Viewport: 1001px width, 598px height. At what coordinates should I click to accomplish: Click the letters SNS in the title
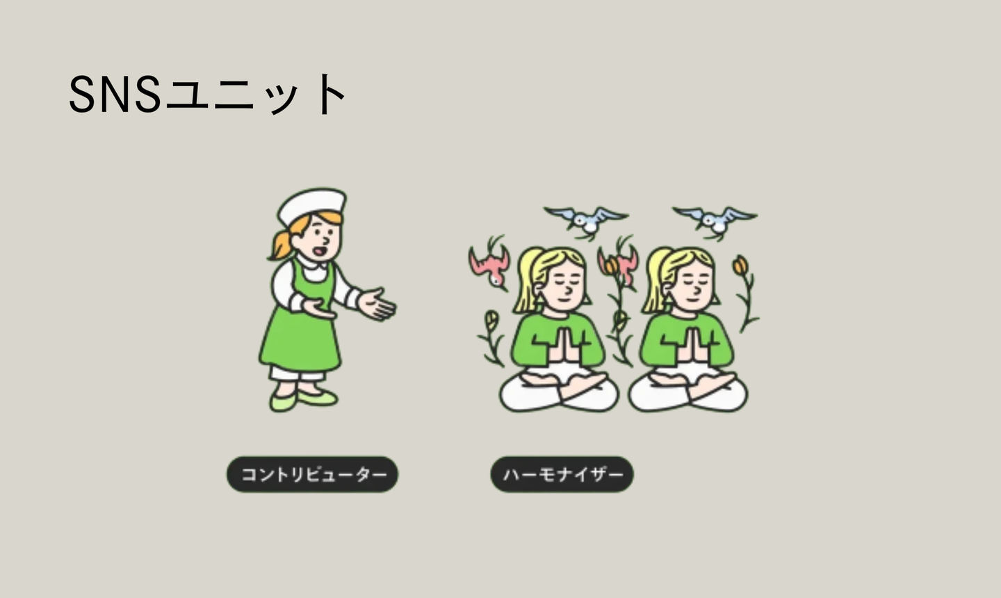point(115,95)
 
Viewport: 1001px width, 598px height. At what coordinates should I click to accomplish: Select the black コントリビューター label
point(312,474)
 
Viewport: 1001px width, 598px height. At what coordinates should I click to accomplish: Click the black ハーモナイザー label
point(562,474)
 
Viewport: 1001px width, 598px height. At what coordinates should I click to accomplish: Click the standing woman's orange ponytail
point(282,244)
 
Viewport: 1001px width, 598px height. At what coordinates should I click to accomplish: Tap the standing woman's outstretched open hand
point(377,305)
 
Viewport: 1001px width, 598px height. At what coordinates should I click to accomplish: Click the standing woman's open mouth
point(320,251)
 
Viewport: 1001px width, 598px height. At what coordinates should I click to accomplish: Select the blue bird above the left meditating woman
point(586,221)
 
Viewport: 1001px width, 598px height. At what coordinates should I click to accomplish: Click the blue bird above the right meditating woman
point(715,221)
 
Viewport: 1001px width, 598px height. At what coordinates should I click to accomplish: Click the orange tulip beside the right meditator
point(740,265)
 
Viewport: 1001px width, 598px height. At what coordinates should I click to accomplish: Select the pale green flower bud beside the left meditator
point(491,320)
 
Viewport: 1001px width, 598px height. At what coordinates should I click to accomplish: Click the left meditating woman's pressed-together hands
point(564,345)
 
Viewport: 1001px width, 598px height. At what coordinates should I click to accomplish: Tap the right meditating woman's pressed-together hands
point(692,345)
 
